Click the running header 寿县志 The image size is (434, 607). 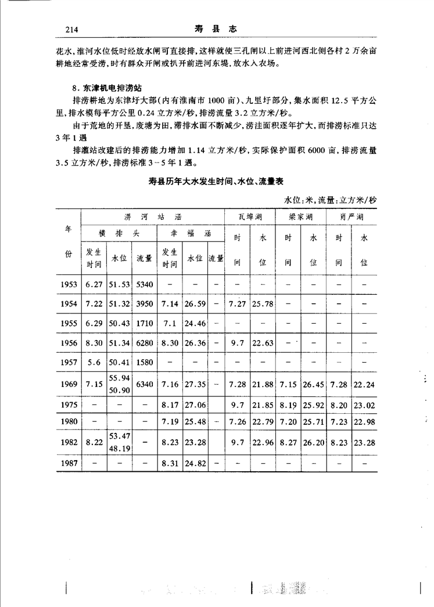217,28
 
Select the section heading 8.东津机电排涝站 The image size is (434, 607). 105,88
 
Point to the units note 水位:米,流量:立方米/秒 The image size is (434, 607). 330,200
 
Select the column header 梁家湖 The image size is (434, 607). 300,218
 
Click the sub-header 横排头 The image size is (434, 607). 119,234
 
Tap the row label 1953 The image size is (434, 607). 69,285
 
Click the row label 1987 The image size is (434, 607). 69,463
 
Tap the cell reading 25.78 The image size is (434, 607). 263,304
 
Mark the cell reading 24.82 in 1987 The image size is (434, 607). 195,463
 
